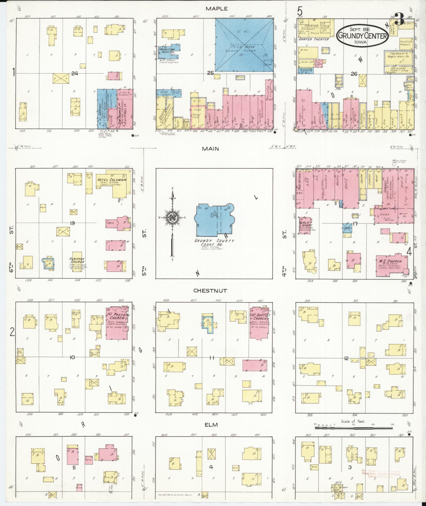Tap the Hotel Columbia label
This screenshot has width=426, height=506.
[111, 180]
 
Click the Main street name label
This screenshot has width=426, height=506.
[210, 149]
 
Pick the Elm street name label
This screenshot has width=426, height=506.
[211, 425]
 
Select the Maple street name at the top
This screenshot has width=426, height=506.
[217, 9]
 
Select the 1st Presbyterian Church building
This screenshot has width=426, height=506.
[116, 323]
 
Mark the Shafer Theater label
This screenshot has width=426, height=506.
[313, 39]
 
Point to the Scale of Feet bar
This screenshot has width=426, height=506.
[353, 428]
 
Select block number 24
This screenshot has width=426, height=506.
[75, 74]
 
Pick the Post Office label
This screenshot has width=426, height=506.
[299, 183]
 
